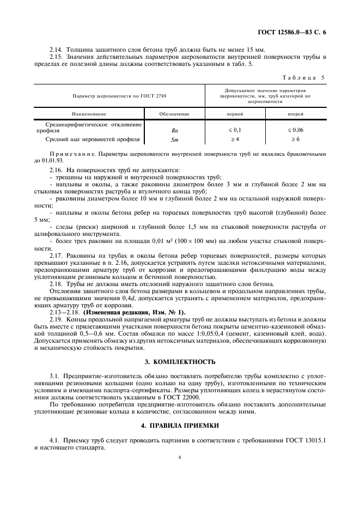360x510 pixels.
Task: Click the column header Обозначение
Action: pyautogui.click(x=174, y=114)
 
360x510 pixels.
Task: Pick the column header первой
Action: pyautogui.click(x=235, y=114)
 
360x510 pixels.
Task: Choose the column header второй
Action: pyautogui.click(x=296, y=114)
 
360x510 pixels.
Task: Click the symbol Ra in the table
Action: pyautogui.click(x=174, y=131)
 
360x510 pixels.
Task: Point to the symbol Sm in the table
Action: pyautogui.click(x=174, y=139)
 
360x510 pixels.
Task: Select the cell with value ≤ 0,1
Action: pyautogui.click(x=235, y=131)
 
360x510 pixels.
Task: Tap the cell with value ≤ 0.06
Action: pyautogui.click(x=296, y=131)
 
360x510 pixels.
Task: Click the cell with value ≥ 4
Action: pyautogui.click(x=235, y=139)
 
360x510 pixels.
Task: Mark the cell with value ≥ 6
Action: pyautogui.click(x=296, y=139)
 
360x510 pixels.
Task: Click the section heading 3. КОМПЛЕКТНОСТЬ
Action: pyautogui.click(x=180, y=362)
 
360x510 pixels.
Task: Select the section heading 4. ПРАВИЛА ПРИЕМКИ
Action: pyautogui.click(x=180, y=425)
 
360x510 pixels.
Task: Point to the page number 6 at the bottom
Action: pyautogui.click(x=179, y=458)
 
